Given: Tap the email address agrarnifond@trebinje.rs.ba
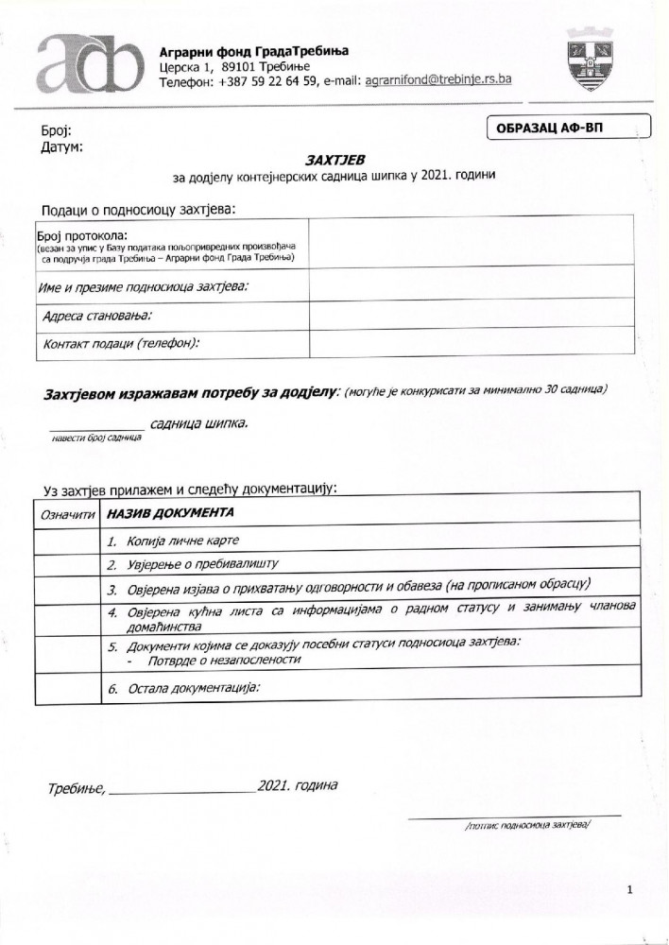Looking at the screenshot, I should coord(437,81).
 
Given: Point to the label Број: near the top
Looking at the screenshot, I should coord(56,131).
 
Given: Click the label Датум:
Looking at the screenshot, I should coord(61,147).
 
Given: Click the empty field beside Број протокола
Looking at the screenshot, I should coord(471,244).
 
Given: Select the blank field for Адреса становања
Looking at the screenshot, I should coord(471,314).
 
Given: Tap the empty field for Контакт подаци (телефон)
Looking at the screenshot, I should coord(471,342).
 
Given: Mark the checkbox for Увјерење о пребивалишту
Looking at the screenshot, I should coord(66,564).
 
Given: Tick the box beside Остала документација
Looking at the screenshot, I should coord(66,688).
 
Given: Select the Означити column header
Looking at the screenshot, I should coord(67,515).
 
